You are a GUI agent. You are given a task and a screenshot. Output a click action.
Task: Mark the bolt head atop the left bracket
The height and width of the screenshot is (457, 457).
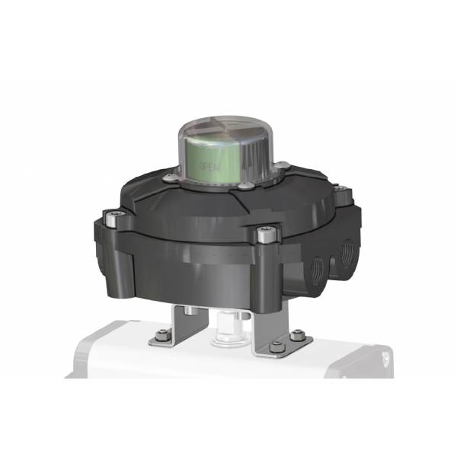pyautogui.click(x=185, y=309)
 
